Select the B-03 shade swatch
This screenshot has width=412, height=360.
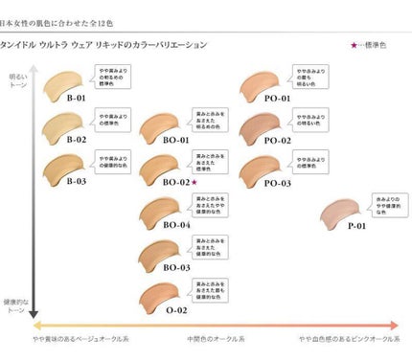coord(70,164)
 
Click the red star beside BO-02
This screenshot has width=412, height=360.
coord(194,181)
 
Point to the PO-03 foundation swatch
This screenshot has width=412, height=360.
coord(263,165)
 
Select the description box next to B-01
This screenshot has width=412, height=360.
coord(118,75)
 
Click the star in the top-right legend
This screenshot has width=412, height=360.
coord(355,45)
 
